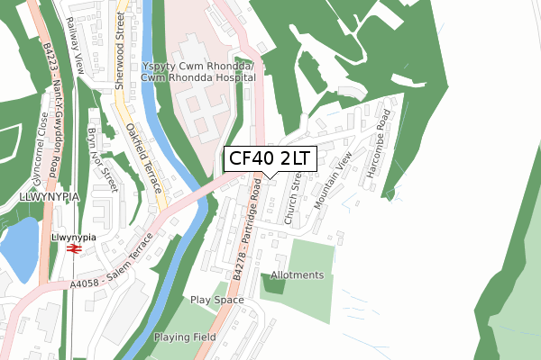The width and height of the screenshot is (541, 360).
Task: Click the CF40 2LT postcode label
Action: click(x=269, y=159)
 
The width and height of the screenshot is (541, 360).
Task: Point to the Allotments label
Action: click(x=297, y=274)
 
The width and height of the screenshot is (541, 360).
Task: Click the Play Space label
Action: click(x=217, y=300)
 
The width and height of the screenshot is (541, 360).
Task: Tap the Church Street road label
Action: click(x=290, y=199)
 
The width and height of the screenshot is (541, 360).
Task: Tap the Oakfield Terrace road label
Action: click(x=143, y=158)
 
